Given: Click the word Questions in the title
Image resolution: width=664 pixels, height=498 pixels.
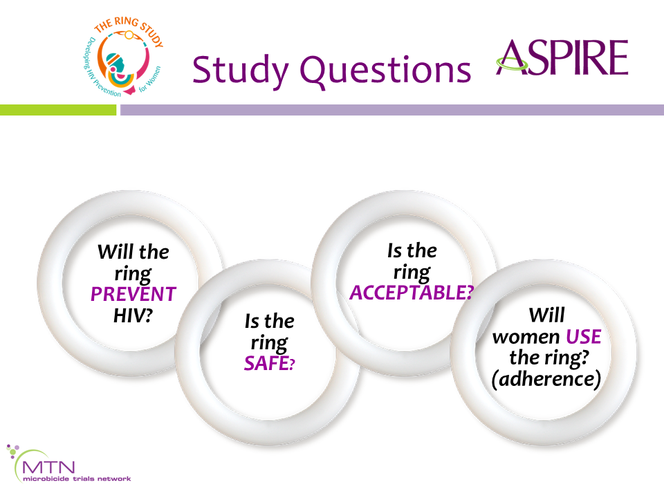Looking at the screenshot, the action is [x=385, y=69].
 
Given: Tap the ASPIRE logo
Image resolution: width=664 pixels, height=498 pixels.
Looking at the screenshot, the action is [x=562, y=57].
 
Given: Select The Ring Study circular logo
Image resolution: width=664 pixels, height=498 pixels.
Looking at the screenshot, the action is [x=123, y=56].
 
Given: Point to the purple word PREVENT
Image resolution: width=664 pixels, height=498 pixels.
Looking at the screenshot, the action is [x=133, y=294].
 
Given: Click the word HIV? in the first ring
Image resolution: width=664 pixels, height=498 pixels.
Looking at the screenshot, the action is [x=133, y=315].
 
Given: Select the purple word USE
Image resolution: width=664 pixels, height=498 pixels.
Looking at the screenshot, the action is [x=584, y=337].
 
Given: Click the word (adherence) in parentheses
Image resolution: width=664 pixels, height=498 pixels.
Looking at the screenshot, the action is [x=546, y=378].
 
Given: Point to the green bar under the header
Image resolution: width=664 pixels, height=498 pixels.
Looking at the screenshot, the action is [x=58, y=110].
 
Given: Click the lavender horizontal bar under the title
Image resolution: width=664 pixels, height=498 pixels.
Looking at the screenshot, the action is [x=392, y=110].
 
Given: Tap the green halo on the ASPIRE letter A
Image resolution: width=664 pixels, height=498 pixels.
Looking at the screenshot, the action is [x=513, y=65].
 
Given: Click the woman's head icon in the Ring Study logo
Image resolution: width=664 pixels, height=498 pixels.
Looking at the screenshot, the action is [x=116, y=64].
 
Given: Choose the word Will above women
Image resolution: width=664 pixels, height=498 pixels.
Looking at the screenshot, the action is [x=546, y=315].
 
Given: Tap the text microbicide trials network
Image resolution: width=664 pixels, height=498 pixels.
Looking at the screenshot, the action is [x=77, y=479].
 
